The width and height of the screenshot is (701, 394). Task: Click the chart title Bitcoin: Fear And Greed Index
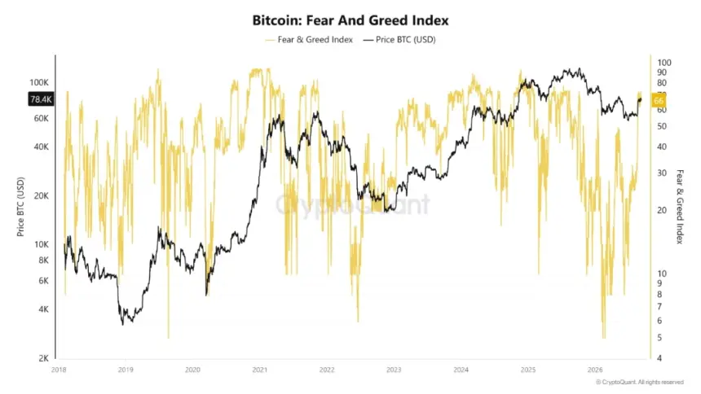(x=350, y=20)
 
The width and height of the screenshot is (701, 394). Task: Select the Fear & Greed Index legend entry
(x=309, y=40)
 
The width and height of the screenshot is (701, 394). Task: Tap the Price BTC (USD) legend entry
(x=399, y=40)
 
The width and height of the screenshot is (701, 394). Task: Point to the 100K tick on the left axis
(x=39, y=83)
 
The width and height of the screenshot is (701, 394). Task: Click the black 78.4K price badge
(x=41, y=99)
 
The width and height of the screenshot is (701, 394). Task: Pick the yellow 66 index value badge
(x=658, y=100)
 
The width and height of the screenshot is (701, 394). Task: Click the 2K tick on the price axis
(x=43, y=358)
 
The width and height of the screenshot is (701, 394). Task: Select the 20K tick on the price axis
(x=41, y=195)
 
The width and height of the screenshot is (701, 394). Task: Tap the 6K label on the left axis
(x=43, y=281)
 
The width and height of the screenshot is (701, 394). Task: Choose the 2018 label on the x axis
(x=59, y=370)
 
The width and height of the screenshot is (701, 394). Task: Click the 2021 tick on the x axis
(x=260, y=370)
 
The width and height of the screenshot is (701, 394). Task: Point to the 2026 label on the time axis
(x=595, y=370)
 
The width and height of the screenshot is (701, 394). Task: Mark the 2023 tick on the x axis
(x=394, y=370)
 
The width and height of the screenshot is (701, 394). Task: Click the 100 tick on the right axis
(x=664, y=63)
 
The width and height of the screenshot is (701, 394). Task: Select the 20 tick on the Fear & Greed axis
(x=662, y=210)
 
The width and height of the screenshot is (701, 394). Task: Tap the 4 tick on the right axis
(x=659, y=358)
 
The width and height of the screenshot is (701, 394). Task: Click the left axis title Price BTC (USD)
(x=20, y=207)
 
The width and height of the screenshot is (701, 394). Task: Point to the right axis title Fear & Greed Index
(x=680, y=207)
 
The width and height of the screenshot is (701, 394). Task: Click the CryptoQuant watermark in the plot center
(x=352, y=204)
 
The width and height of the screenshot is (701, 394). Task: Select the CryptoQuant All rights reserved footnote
(x=640, y=383)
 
